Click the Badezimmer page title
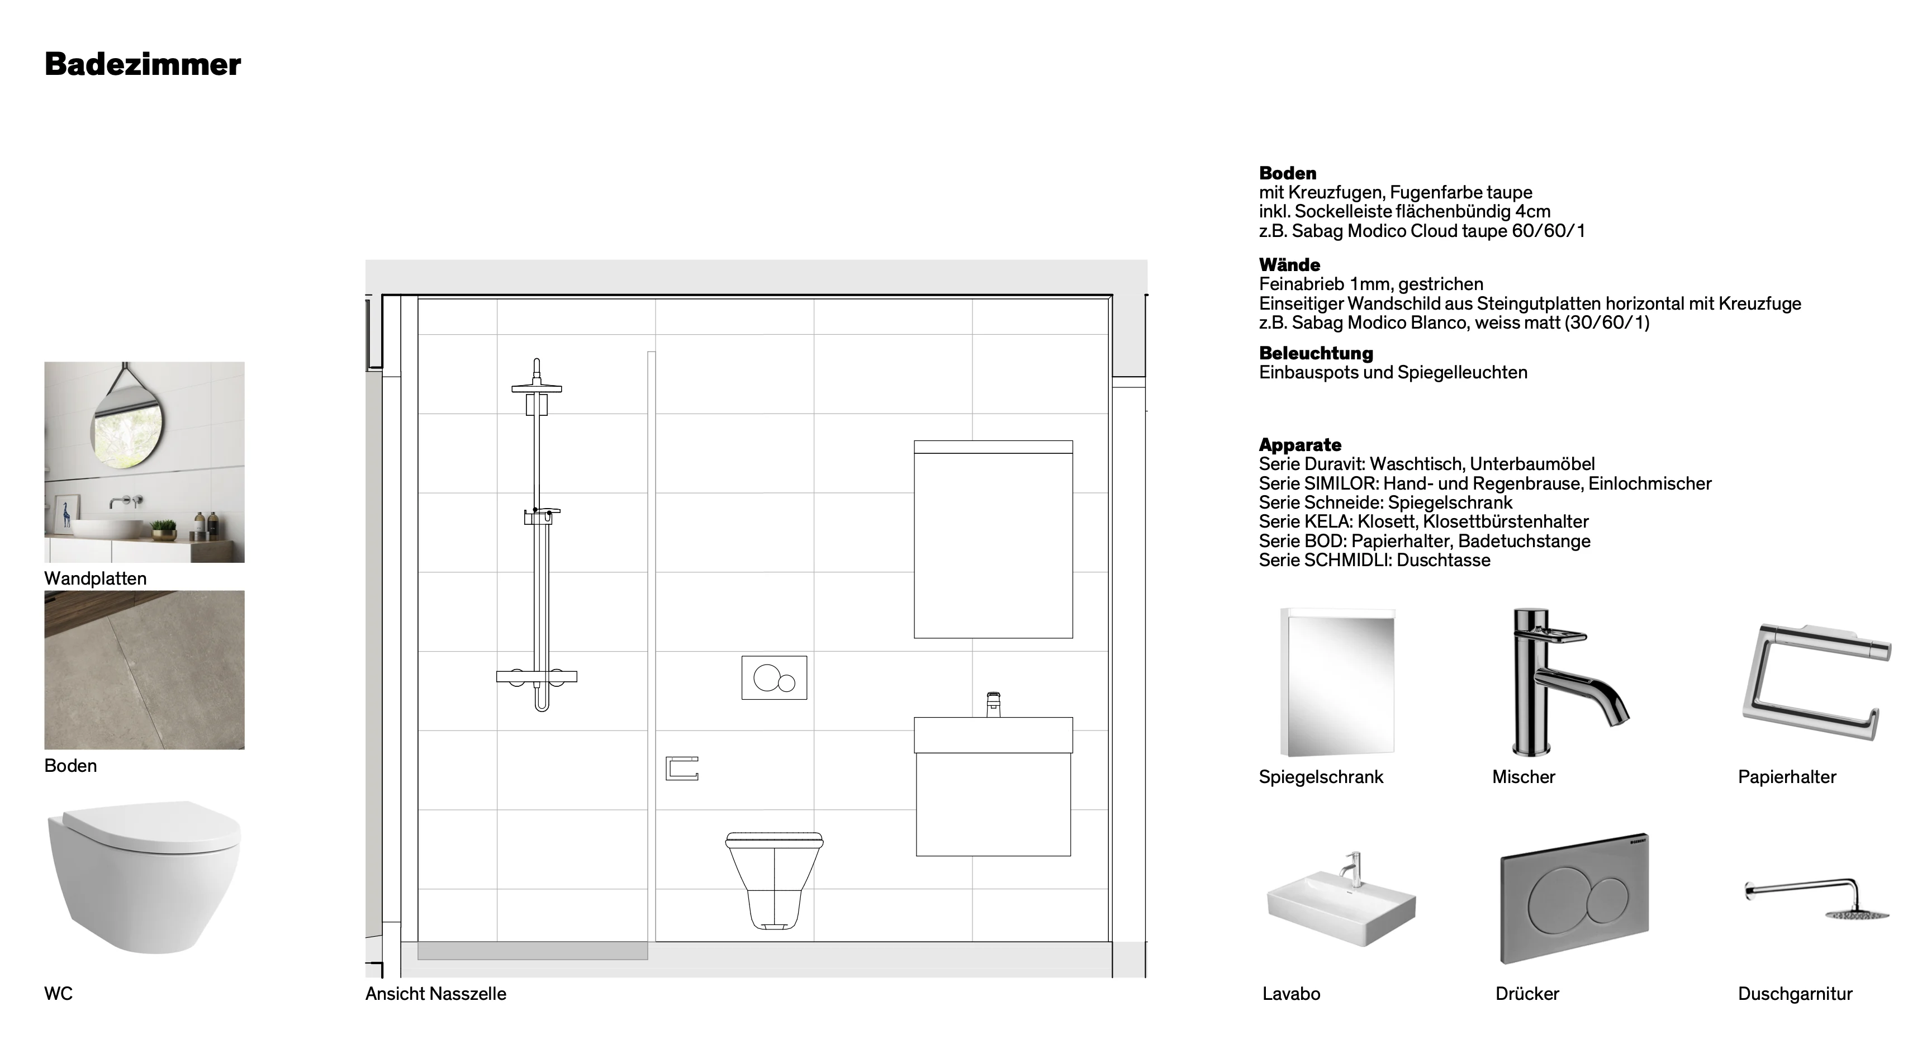(143, 64)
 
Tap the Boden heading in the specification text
(1288, 173)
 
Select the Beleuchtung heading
(1316, 353)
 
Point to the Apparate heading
(1300, 445)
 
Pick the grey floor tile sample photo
(145, 670)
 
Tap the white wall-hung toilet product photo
(145, 877)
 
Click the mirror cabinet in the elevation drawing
(994, 539)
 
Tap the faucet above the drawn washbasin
(993, 704)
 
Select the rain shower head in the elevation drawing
(537, 387)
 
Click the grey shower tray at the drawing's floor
(533, 951)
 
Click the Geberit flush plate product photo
(1574, 898)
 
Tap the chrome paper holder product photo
(1816, 682)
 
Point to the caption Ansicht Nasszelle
(436, 994)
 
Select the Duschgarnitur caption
(1795, 994)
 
